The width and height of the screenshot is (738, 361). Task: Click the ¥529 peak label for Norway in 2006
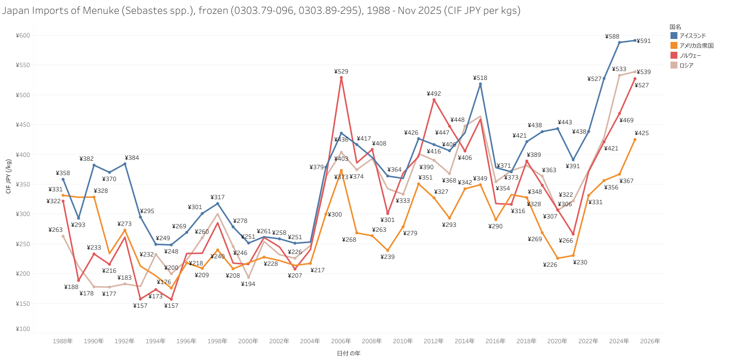coord(341,72)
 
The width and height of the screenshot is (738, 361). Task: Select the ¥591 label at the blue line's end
coord(643,41)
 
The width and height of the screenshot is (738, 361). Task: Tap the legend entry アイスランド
coord(693,36)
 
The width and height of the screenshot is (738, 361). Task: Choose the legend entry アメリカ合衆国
coord(696,45)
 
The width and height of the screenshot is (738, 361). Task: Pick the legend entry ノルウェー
coord(690,55)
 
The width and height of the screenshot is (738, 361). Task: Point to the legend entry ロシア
coord(686,65)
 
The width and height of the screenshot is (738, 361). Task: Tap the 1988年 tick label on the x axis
coord(63,341)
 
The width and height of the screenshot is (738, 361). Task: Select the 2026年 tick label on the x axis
coord(650,341)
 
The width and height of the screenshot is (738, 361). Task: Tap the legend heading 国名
coord(675,26)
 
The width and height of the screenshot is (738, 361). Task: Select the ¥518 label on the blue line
coord(480,78)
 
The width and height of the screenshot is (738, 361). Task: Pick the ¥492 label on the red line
coord(434,94)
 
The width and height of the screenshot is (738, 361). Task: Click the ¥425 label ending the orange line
coord(642,133)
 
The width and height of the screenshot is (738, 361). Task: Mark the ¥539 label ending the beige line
coord(643,72)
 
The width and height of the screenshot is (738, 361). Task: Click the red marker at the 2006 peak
coord(341,77)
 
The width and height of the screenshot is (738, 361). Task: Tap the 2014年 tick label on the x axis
coord(465,341)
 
